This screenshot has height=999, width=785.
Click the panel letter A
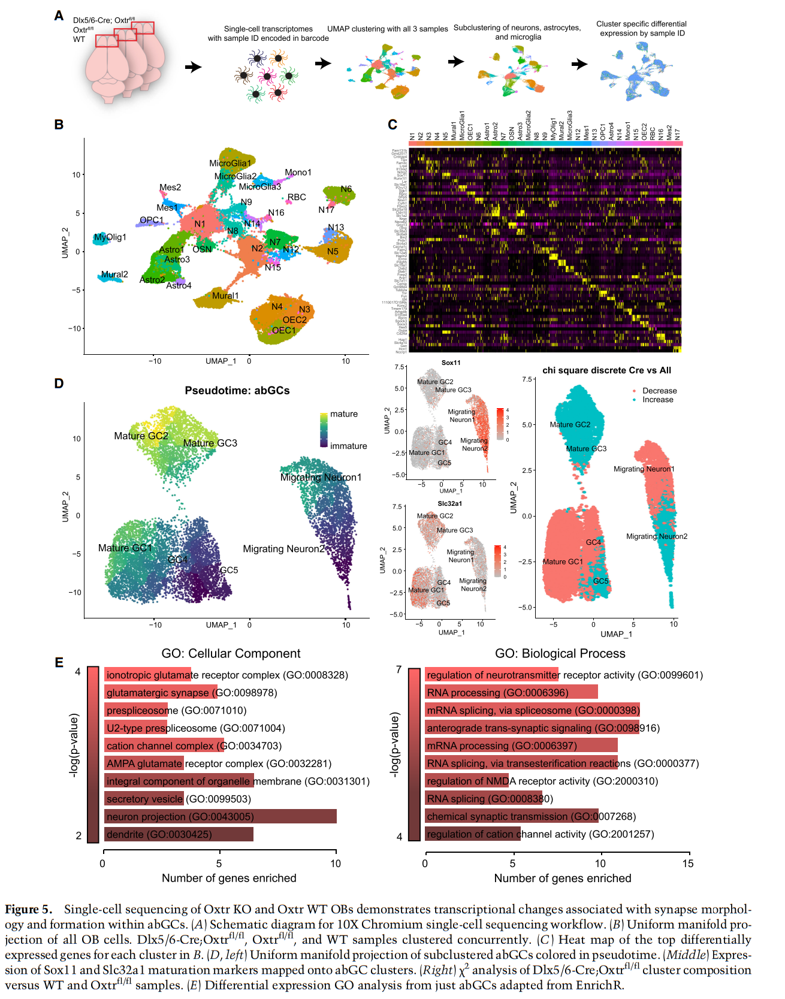tap(59, 16)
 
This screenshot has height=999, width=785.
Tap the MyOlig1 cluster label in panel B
tap(110, 237)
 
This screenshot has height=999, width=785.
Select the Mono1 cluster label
tap(298, 173)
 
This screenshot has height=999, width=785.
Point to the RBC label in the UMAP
tap(297, 197)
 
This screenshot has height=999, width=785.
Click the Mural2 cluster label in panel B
tap(114, 274)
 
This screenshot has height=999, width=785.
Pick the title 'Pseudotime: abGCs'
tap(237, 391)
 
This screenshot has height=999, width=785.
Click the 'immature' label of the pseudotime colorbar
tap(348, 446)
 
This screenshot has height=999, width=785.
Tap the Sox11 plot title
tap(451, 363)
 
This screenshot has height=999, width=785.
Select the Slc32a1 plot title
tap(449, 503)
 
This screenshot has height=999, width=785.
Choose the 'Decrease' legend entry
tap(659, 391)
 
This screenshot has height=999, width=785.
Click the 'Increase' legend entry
tap(657, 400)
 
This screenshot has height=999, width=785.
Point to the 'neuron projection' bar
tap(220, 816)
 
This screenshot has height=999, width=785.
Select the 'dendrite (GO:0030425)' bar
tap(179, 834)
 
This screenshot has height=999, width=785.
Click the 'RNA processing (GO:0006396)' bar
tap(511, 693)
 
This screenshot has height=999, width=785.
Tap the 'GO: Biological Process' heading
tap(560, 653)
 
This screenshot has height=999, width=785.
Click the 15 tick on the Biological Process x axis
tap(688, 864)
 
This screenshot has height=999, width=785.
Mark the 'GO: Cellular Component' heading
tap(231, 653)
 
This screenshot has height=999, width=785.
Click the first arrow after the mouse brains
tap(193, 67)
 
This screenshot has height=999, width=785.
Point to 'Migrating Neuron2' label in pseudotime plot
tap(283, 549)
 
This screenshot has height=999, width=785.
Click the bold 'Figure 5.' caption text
tap(29, 910)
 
